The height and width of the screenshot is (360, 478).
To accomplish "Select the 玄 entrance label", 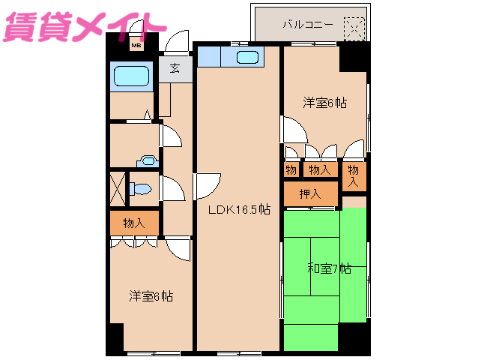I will (x=175, y=68).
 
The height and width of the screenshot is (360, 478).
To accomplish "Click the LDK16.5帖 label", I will (x=239, y=210).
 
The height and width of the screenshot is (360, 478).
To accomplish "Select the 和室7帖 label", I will (x=328, y=268).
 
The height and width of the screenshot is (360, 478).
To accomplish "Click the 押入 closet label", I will (x=310, y=194).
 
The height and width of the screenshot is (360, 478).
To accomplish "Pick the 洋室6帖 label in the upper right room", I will (x=325, y=102).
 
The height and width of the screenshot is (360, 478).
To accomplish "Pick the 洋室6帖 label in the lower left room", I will (x=151, y=296).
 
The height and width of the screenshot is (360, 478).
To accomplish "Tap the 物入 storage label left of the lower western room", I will (x=134, y=223).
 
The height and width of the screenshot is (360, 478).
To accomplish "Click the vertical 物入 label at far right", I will (x=354, y=176).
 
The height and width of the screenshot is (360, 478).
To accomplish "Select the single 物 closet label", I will (x=291, y=170).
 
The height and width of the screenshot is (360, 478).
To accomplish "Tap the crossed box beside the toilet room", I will (x=118, y=188).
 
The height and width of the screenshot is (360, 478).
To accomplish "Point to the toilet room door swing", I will (x=172, y=188).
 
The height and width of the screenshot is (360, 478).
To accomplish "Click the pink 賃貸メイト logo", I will (x=83, y=25).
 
